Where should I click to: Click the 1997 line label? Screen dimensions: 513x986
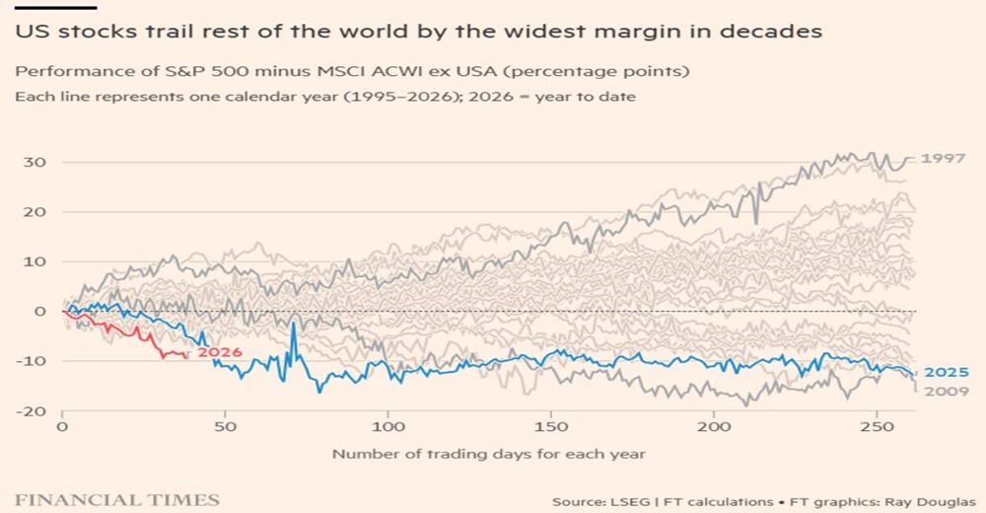[944, 158]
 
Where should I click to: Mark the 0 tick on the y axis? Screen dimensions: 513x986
[41, 312]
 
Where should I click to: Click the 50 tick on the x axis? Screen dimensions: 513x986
[225, 430]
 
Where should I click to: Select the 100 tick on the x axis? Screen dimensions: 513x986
[388, 430]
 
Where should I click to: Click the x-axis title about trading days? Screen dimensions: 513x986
[488, 455]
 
